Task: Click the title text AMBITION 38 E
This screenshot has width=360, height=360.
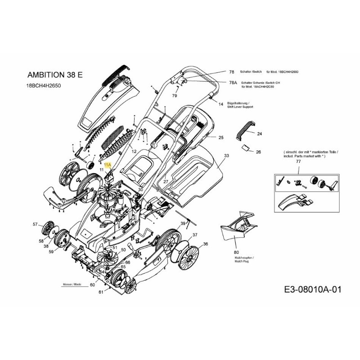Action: coord(55,75)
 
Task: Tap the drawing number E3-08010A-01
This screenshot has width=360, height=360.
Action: coord(313,290)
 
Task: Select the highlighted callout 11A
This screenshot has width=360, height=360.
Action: coord(107,165)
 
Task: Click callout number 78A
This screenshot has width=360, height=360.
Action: coord(233,83)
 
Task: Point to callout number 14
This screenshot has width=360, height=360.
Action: coord(221,104)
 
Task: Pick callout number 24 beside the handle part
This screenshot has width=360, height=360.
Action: coord(259,134)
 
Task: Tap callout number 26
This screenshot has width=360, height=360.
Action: coord(258,152)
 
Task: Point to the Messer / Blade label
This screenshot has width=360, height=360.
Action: coord(72,285)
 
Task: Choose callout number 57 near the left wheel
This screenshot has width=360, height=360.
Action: coord(36,224)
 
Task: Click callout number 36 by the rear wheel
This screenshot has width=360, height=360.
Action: coord(206,244)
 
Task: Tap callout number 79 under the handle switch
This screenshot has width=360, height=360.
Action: coord(175,96)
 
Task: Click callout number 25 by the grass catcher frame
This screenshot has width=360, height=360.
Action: coord(221,137)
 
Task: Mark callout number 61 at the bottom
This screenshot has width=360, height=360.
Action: coord(101,292)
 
